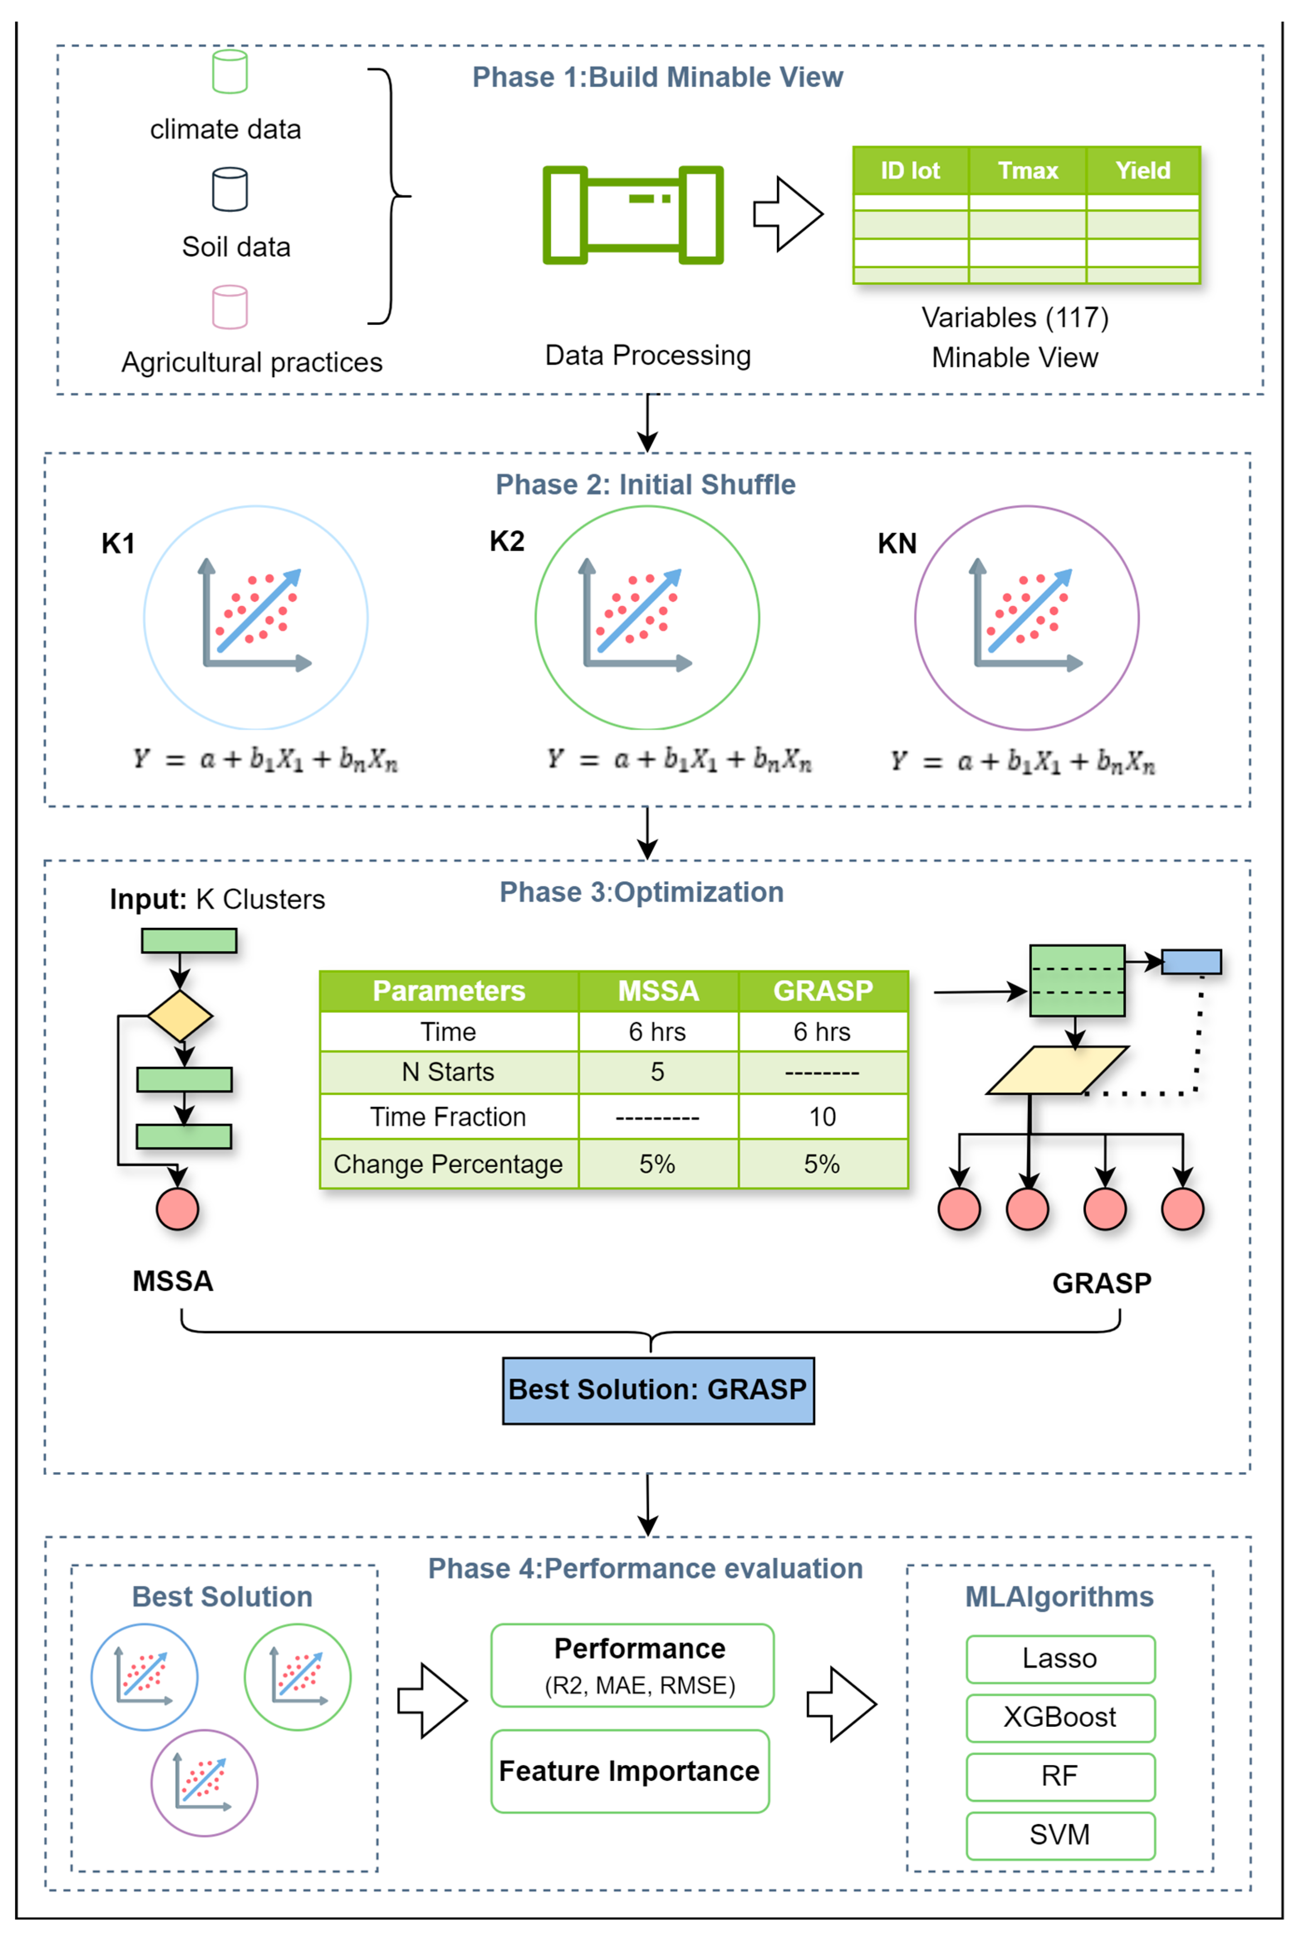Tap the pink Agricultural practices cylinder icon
pos(230,307)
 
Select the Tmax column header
pos(1027,170)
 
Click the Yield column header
pos(1142,170)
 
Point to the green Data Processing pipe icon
pos(633,215)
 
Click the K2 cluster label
pos(507,542)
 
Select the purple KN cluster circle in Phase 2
pos(1027,618)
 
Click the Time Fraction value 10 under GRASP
pos(822,1117)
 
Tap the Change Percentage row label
pos(448,1164)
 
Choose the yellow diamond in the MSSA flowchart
pos(179,1016)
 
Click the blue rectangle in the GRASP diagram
pos(1191,961)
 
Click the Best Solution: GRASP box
pos(658,1390)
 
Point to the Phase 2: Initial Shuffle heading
pos(646,484)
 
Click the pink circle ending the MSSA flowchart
pos(178,1209)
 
